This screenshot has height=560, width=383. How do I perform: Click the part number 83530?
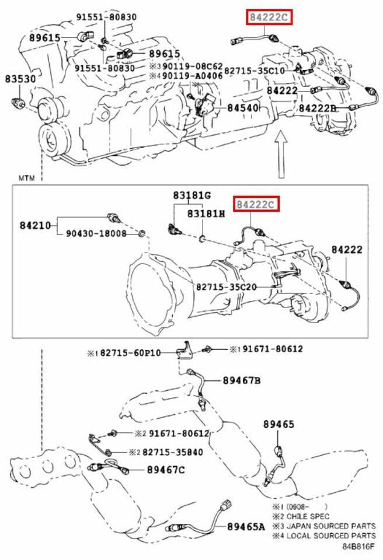[x=21, y=78]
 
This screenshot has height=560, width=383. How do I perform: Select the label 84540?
[x=243, y=108]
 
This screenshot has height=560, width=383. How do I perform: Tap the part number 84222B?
[x=318, y=108]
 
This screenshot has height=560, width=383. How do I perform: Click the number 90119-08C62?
[x=193, y=66]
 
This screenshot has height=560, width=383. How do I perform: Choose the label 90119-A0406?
[x=193, y=76]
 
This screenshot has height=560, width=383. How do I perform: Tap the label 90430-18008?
[x=96, y=233]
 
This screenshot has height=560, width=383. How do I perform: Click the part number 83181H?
[x=206, y=213]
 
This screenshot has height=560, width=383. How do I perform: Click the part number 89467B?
[x=241, y=380]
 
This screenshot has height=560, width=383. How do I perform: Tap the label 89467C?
[x=165, y=469]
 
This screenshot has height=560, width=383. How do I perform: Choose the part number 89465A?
[x=245, y=527]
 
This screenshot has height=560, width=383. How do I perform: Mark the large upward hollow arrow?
[x=281, y=153]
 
